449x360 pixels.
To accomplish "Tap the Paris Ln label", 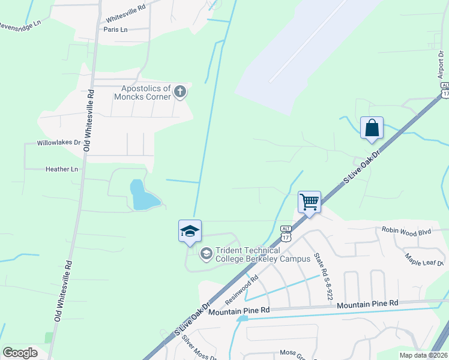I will click(116, 29).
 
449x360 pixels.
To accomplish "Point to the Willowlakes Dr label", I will click(59, 143).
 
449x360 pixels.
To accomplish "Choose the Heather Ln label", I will click(62, 169).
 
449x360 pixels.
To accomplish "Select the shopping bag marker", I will click(372, 128).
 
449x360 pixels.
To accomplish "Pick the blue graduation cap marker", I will click(190, 231).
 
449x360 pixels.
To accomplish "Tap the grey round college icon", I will click(206, 254).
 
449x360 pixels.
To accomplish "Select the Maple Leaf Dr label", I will click(424, 259).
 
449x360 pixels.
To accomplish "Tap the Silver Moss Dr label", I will click(199, 349).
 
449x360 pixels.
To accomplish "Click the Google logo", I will click(20, 352).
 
